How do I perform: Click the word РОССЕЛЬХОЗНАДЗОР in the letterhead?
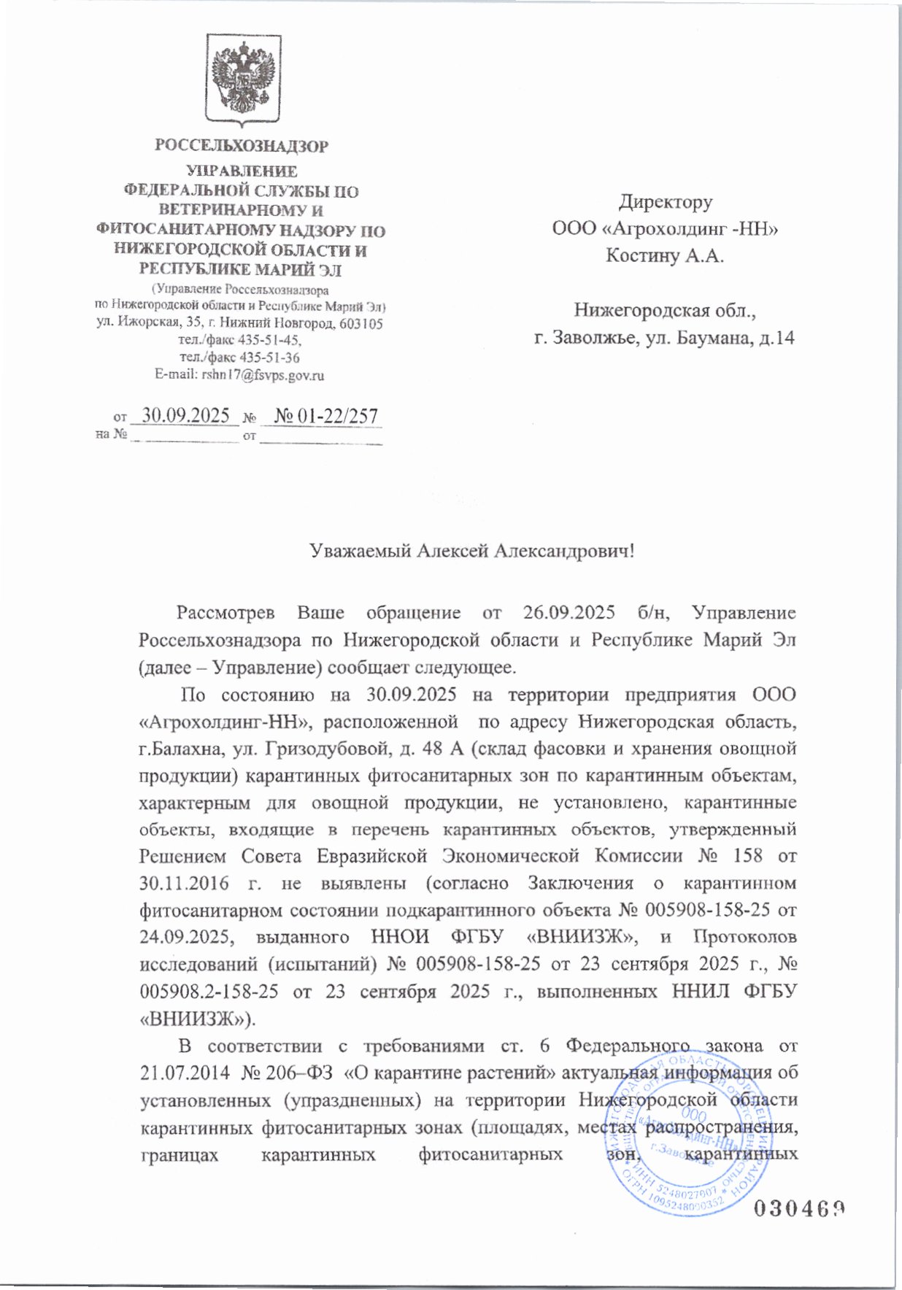242,146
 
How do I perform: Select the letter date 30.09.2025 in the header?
185,416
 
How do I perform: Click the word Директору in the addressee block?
665,201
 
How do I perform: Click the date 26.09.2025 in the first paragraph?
568,613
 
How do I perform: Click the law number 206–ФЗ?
292,1073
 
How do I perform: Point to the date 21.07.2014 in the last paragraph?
184,1073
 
